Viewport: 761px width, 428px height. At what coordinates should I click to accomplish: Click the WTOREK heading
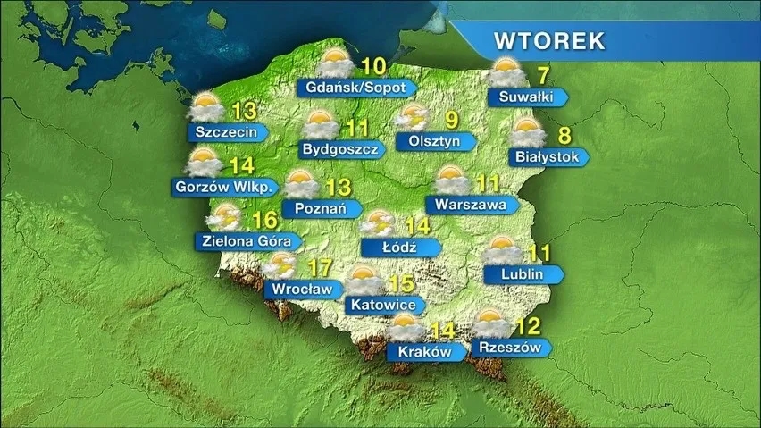549,41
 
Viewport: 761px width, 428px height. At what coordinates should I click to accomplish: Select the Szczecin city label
226,132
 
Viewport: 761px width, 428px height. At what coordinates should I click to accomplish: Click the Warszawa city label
471,205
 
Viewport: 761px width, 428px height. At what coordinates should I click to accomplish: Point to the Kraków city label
422,352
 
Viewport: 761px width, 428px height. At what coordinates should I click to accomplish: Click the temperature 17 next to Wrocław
319,266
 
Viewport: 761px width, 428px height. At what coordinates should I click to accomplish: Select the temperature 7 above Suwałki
542,74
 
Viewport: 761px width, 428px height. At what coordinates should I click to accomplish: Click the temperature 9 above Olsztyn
452,119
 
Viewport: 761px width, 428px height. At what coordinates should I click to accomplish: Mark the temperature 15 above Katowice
400,283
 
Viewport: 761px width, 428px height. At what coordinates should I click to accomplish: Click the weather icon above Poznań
301,184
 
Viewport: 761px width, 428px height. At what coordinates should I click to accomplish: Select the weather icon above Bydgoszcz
321,125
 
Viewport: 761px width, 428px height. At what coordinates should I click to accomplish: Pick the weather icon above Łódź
379,223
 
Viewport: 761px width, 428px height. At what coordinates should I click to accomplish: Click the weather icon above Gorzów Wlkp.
205,163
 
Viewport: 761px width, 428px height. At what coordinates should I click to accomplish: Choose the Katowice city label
384,305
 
